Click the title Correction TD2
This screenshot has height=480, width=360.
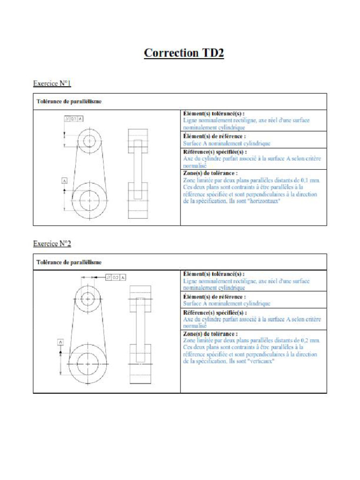(184, 53)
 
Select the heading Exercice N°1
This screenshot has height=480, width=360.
(52, 83)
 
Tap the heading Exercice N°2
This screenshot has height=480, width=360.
(52, 244)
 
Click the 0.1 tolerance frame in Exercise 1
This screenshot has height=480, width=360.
(74, 119)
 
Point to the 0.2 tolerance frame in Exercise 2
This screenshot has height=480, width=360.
(116, 277)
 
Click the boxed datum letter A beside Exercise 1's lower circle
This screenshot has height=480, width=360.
(64, 180)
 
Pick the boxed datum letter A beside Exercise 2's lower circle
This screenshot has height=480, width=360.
(60, 342)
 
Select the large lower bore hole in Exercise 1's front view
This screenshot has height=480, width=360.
(89, 200)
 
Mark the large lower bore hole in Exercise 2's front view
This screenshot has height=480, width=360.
(88, 364)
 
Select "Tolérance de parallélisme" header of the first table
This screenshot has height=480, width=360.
(69, 101)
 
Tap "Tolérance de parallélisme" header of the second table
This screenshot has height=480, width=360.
(69, 262)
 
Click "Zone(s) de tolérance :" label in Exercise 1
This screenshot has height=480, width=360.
(210, 173)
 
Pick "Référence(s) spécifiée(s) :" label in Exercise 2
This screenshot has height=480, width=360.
(215, 313)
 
